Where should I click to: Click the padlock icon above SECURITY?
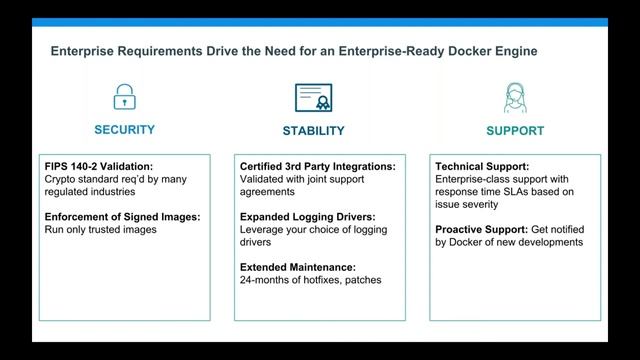click(x=124, y=97)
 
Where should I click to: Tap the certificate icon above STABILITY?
click(x=313, y=97)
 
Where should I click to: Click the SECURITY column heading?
click(x=124, y=130)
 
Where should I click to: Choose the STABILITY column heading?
click(x=313, y=131)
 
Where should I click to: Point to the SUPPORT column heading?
click(x=515, y=131)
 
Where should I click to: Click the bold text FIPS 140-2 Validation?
click(x=97, y=166)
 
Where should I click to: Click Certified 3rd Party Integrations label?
click(x=318, y=166)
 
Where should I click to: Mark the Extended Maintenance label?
click(x=297, y=266)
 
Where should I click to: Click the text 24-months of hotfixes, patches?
click(x=311, y=279)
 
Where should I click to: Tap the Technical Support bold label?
click(x=482, y=166)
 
